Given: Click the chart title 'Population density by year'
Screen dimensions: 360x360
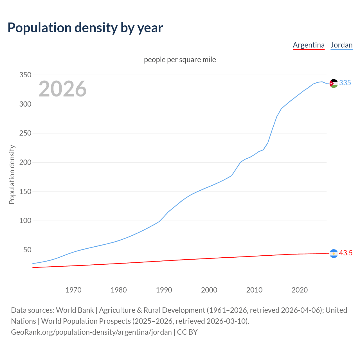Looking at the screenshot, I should (x=85, y=28).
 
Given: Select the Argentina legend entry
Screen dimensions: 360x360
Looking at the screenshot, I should (x=309, y=45).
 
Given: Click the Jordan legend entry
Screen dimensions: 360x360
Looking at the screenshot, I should (x=341, y=45).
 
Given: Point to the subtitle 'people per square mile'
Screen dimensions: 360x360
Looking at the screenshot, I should (x=180, y=60).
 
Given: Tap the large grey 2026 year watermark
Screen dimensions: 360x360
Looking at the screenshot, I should (x=62, y=89).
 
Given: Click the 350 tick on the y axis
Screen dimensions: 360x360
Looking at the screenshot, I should (x=25, y=75).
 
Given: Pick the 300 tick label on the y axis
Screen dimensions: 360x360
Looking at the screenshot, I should (x=25, y=104).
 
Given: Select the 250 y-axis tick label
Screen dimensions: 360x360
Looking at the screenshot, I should (x=25, y=133).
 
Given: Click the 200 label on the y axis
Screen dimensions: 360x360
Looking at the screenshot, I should (x=25, y=163).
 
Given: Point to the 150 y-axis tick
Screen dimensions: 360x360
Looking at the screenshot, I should (x=25, y=192).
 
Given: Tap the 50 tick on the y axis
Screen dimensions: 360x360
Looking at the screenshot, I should (x=27, y=250).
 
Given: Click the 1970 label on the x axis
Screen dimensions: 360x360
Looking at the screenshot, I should (x=73, y=290).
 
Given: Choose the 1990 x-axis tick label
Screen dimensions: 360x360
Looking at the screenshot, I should (x=164, y=290).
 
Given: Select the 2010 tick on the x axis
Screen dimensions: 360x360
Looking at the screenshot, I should (x=254, y=290).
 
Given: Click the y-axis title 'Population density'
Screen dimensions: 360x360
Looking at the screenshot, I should (x=12, y=174).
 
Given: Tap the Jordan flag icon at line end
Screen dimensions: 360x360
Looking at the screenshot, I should (x=334, y=83).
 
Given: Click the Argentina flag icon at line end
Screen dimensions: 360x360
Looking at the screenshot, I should (x=334, y=253).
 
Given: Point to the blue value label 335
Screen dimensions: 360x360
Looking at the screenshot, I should (x=345, y=83).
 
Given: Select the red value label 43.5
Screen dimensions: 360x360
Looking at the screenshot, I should (x=346, y=253).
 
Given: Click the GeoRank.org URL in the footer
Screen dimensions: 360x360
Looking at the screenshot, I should (x=91, y=332).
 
